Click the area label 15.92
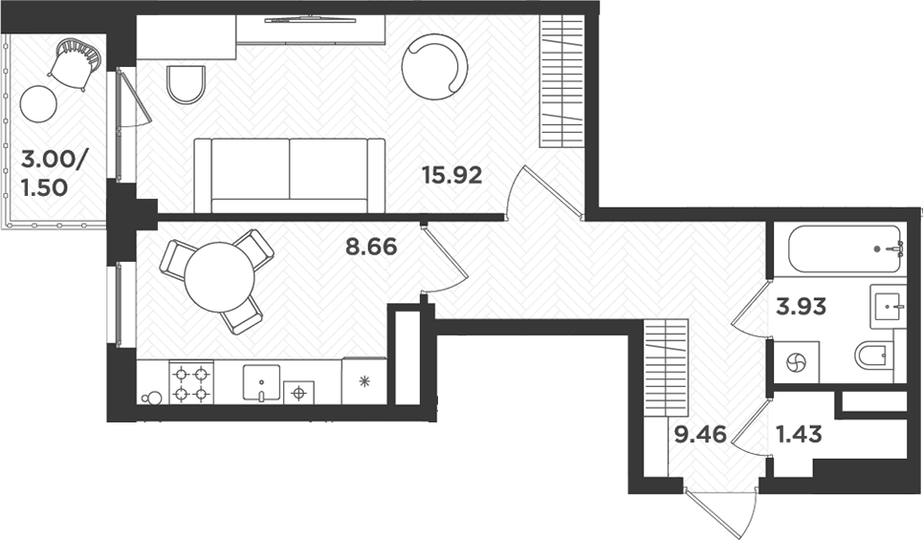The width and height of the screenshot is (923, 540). click(451, 176)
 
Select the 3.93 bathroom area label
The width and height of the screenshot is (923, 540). click(802, 307)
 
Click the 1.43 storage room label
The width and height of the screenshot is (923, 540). click(797, 436)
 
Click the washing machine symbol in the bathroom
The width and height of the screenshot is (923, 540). click(796, 363)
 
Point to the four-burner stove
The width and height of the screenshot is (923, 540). click(190, 382)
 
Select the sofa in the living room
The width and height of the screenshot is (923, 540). click(290, 174)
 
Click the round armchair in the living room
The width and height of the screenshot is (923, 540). click(435, 66)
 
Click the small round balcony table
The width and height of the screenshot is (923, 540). click(39, 103)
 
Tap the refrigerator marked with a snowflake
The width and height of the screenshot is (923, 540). click(364, 381)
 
